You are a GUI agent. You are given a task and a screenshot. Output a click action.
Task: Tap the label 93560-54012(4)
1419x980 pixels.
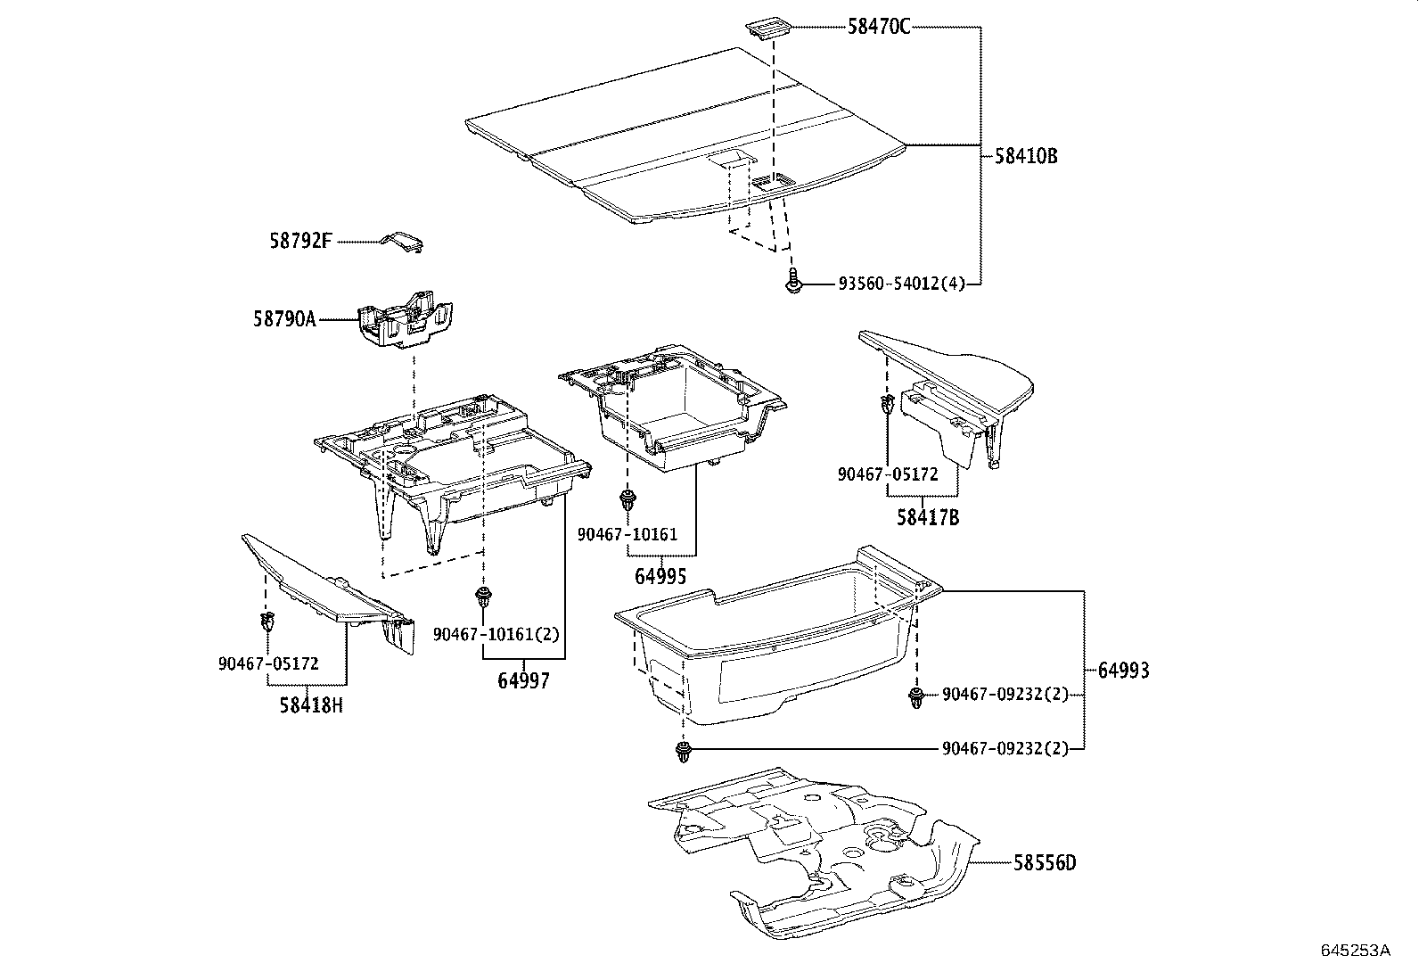901,284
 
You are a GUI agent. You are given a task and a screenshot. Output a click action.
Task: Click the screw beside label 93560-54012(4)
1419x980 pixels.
792,283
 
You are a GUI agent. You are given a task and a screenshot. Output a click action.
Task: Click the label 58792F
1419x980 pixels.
300,241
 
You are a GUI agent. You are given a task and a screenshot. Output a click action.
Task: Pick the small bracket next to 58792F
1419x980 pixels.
403,242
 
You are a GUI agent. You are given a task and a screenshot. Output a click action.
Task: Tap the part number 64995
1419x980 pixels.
660,577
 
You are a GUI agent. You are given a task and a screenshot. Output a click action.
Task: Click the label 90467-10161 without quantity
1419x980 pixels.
627,535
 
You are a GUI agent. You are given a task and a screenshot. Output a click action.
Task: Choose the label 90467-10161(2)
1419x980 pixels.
496,634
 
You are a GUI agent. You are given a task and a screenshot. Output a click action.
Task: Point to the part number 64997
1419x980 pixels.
523,680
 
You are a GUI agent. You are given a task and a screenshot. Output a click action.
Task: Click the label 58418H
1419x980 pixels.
310,705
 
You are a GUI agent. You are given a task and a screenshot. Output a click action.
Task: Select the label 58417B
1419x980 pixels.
928,517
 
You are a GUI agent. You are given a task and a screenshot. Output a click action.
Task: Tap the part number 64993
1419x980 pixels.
1123,671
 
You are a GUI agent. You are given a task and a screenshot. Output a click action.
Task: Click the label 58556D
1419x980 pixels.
1044,862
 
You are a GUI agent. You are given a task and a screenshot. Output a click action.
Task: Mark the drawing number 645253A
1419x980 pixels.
1355,951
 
